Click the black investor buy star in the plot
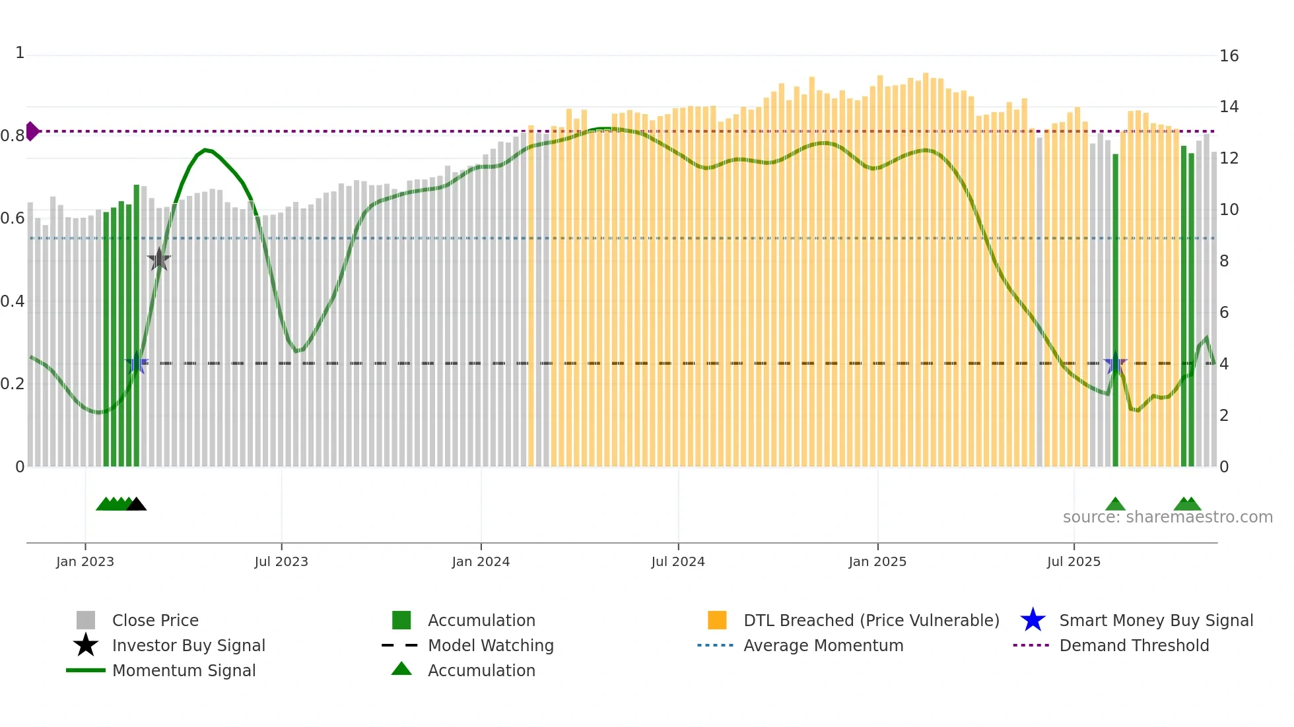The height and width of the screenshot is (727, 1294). (159, 260)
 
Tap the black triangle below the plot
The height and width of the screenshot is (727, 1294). (137, 505)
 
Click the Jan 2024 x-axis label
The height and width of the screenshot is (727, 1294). (481, 561)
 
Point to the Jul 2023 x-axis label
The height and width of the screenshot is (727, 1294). (281, 561)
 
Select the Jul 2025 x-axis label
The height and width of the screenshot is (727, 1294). (1073, 561)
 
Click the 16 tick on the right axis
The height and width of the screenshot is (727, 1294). (1229, 56)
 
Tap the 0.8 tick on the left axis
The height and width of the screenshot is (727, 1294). (13, 136)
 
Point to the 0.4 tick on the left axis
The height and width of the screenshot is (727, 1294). (13, 301)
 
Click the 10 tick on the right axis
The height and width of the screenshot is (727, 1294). (1229, 210)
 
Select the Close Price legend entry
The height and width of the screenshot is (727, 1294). (155, 620)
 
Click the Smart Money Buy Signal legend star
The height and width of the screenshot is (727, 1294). (1033, 620)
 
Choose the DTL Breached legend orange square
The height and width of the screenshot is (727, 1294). (717, 620)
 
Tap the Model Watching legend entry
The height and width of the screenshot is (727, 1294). (491, 645)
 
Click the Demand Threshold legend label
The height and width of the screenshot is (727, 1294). (1134, 645)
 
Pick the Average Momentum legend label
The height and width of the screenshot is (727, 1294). (823, 645)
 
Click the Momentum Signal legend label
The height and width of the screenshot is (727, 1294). (184, 670)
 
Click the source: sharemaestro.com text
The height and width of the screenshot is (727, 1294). (1167, 517)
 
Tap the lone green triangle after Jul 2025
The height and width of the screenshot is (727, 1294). (1115, 505)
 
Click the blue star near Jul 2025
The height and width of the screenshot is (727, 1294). (1115, 363)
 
